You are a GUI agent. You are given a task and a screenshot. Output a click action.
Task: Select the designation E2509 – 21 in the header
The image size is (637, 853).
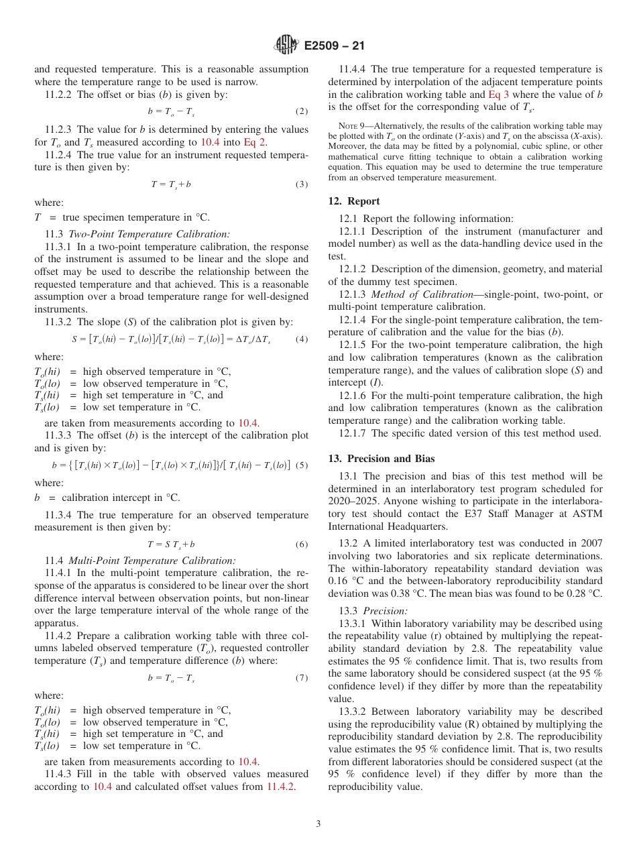tap(334, 46)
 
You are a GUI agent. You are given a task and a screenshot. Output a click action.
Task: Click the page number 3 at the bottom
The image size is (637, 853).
tap(318, 823)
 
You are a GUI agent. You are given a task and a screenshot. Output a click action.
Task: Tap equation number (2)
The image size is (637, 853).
tap(302, 111)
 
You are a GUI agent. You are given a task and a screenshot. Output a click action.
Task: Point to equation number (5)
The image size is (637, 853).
tap(302, 465)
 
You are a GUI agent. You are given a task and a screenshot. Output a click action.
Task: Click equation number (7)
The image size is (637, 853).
tap(302, 678)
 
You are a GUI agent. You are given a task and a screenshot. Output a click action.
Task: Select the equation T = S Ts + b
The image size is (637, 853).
tap(172, 545)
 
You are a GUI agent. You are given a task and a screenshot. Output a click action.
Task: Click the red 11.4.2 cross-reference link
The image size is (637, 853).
tap(281, 787)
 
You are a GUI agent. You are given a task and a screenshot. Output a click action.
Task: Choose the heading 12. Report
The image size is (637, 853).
tap(354, 201)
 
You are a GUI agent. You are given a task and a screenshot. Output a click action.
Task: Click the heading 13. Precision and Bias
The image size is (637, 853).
tap(381, 459)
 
